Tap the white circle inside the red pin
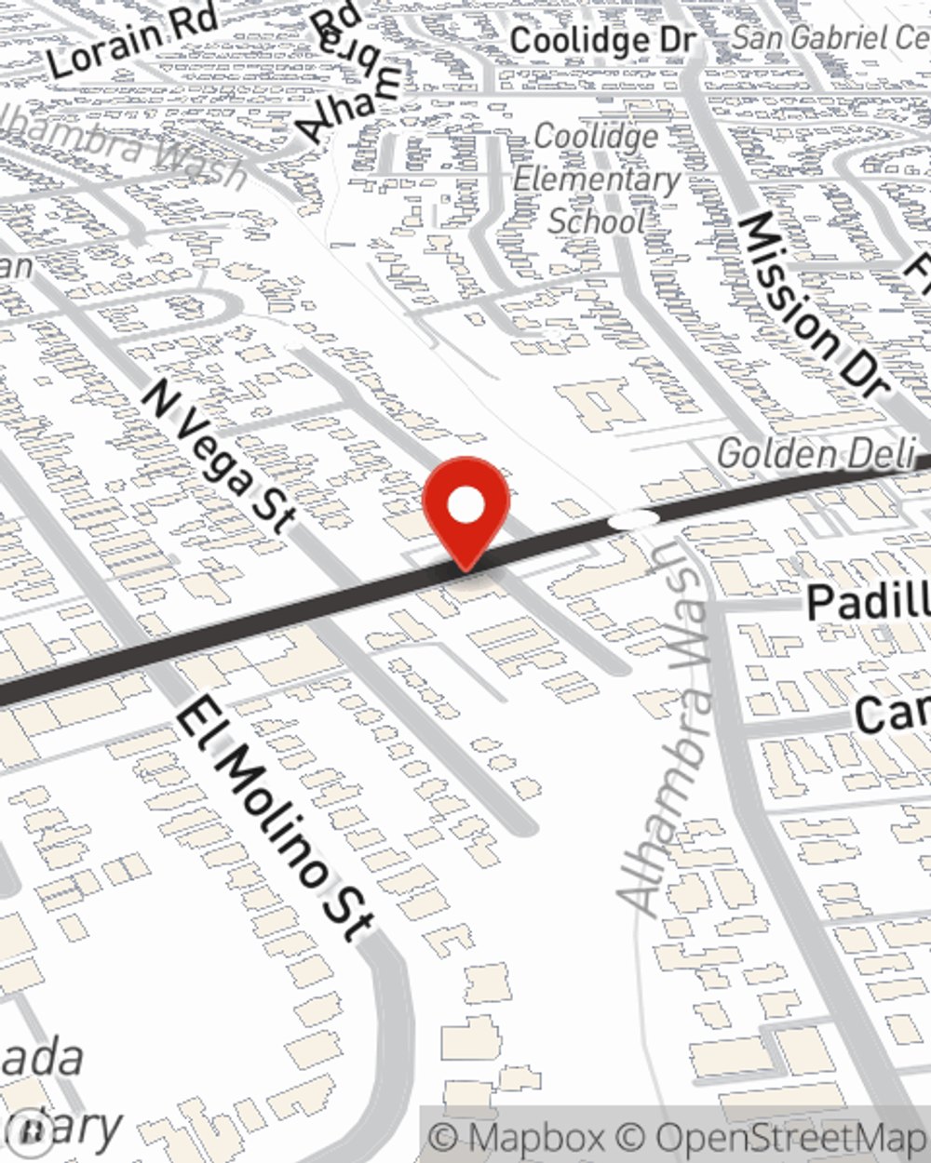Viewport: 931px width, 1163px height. [x=465, y=506]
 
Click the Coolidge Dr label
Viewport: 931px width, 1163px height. [x=602, y=40]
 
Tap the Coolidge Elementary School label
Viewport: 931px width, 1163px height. [x=597, y=179]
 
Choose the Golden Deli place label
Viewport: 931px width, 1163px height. [x=816, y=454]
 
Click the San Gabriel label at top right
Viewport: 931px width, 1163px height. [x=829, y=37]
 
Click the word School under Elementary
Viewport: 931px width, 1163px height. [x=596, y=221]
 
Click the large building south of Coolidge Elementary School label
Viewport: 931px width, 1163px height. [x=600, y=406]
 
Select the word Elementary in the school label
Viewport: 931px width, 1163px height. [x=597, y=179]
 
